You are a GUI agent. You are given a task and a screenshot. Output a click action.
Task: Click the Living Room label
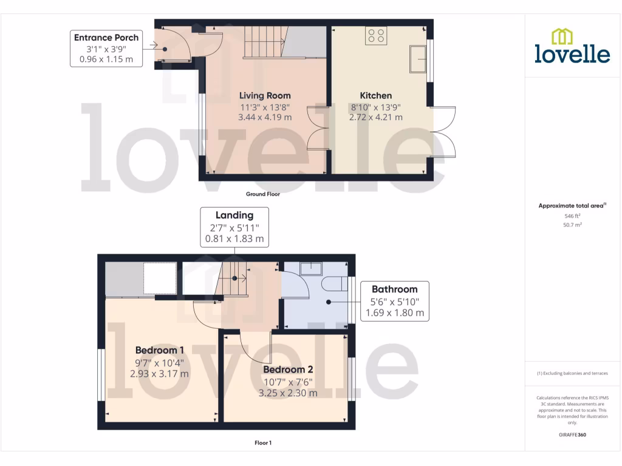click(265, 95)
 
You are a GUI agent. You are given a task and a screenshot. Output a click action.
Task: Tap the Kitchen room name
click(376, 95)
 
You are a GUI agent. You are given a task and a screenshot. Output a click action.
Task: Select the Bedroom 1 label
click(159, 350)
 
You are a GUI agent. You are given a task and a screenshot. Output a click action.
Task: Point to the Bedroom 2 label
click(288, 370)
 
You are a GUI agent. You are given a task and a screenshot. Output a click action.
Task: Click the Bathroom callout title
click(394, 289)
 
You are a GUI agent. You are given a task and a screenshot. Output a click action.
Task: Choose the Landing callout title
click(234, 215)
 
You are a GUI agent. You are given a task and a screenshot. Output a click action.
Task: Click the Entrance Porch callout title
click(106, 38)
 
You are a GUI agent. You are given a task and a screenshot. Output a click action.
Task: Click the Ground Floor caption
click(262, 195)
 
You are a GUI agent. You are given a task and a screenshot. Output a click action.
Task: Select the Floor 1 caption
click(262, 443)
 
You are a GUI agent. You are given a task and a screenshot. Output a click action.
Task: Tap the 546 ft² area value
click(572, 216)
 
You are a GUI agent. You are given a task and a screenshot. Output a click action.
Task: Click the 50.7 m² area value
click(572, 225)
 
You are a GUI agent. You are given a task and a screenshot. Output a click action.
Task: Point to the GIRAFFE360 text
click(572, 435)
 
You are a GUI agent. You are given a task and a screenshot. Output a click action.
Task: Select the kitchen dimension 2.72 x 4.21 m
click(376, 117)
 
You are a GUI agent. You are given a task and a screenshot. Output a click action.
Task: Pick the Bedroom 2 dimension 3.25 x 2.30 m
click(288, 393)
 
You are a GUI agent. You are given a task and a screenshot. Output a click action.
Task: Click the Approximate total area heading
click(571, 206)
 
